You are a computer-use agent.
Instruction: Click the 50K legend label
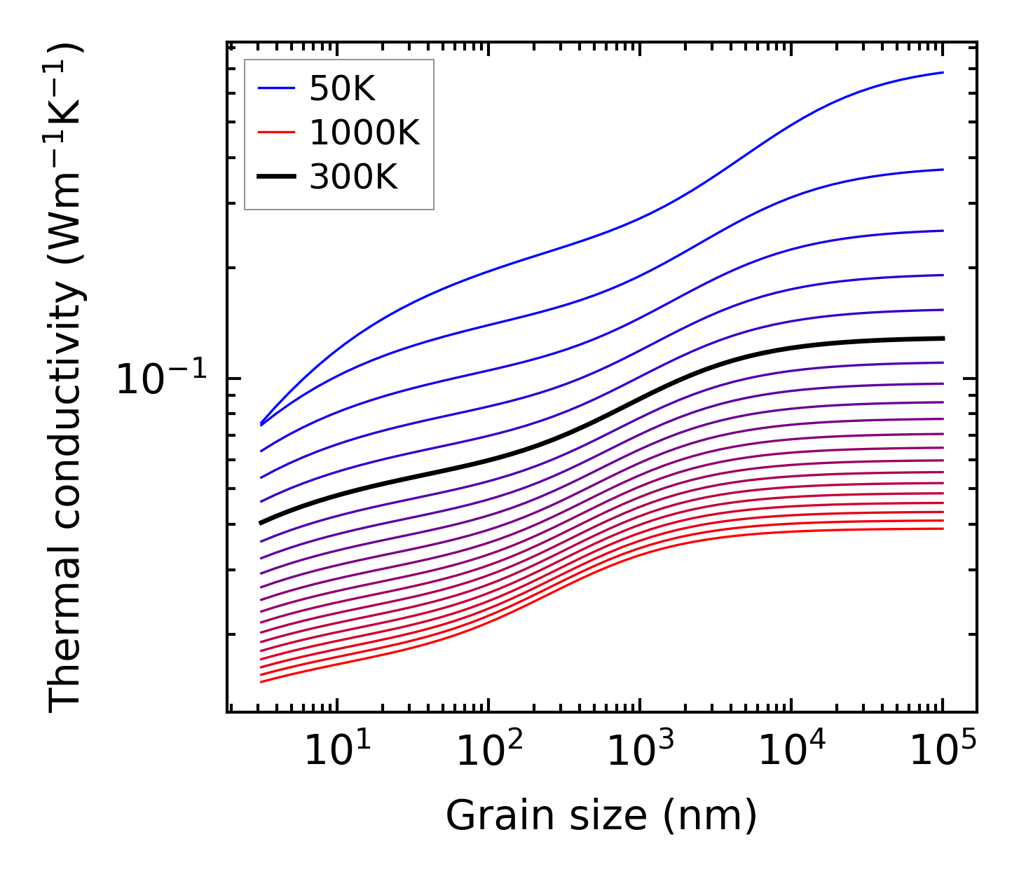[342, 89]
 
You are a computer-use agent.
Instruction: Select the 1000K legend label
[364, 132]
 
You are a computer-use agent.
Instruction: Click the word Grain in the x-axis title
[487, 817]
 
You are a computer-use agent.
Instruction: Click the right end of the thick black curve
[943, 339]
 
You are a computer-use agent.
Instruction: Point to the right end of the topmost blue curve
[943, 72]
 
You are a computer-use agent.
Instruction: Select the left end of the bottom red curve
[261, 681]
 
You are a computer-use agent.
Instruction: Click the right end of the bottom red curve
[943, 528]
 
